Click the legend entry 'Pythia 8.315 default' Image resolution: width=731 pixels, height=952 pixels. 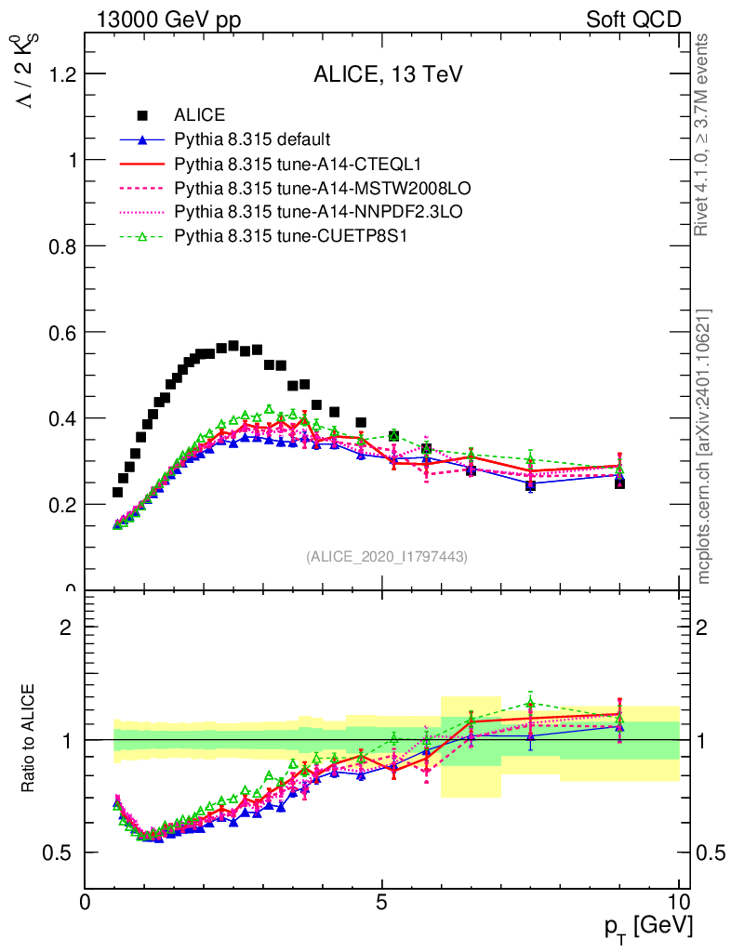tap(252, 140)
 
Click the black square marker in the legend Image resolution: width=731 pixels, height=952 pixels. tap(142, 116)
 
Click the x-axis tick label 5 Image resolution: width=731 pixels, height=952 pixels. tap(382, 902)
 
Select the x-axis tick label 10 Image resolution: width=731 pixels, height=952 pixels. tap(678, 902)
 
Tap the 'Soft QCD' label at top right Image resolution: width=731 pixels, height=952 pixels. tap(633, 20)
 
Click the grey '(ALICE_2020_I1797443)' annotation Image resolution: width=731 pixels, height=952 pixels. tap(387, 557)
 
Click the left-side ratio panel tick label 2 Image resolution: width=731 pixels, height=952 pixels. tap(66, 627)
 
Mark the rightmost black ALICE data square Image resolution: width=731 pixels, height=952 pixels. tap(619, 483)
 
